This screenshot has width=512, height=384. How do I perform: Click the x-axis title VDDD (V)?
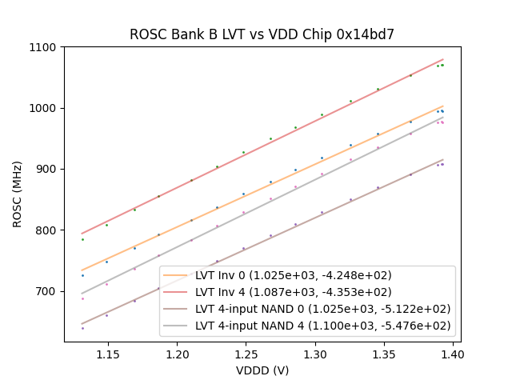[262, 370]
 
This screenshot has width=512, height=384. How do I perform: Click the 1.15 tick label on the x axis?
[108, 353]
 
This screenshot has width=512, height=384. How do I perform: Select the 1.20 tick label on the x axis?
[177, 353]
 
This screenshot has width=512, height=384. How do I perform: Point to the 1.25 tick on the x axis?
[246, 353]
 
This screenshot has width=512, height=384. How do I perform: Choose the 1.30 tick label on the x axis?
[315, 353]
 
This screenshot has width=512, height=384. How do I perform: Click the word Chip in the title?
[324, 34]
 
